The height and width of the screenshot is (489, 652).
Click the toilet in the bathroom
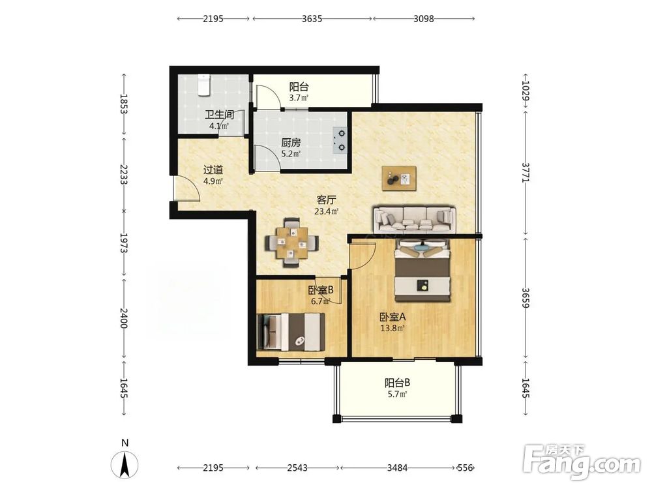[x=203, y=85]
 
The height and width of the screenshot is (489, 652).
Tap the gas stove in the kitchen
[x=340, y=140]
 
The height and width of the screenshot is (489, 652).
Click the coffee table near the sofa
[x=399, y=179]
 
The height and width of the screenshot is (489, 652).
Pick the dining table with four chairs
[x=293, y=242]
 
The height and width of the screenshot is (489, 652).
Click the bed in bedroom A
[x=422, y=270]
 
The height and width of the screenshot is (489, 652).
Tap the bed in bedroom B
[x=291, y=332]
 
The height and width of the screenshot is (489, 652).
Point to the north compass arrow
[x=125, y=464]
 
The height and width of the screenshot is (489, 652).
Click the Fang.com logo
[x=582, y=462]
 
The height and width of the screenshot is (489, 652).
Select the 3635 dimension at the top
[x=312, y=19]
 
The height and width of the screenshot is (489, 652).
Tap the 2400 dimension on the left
[x=123, y=318]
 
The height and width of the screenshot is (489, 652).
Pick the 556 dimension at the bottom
[x=465, y=467]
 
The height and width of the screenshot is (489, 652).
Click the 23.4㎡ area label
[x=327, y=211]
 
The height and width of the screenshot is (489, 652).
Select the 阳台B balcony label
[x=398, y=382]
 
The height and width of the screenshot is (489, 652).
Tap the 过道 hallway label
[x=213, y=170]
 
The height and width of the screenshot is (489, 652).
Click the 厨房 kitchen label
[x=291, y=143]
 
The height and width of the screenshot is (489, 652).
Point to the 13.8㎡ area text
[x=393, y=328]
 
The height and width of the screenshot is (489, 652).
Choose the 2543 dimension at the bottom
[x=297, y=467]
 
